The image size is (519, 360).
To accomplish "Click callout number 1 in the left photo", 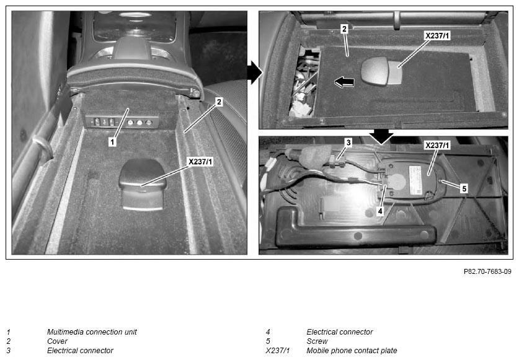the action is [x=112, y=142].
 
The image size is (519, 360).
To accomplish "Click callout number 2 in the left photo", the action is [x=218, y=102].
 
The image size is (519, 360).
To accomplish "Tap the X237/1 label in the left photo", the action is [x=200, y=162].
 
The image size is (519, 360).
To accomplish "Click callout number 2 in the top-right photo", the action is [x=344, y=29].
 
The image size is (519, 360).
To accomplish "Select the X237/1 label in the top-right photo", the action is [x=437, y=36].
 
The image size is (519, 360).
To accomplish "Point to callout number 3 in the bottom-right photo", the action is [x=348, y=143].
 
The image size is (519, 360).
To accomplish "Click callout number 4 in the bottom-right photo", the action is [x=380, y=211].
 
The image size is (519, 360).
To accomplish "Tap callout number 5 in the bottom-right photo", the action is [x=464, y=188].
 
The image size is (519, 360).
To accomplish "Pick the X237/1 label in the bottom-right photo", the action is [x=437, y=145].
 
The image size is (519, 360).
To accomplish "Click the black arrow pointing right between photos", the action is [x=254, y=72].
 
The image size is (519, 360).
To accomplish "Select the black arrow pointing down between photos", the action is [x=381, y=136].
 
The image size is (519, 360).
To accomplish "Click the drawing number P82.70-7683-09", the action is [x=487, y=271].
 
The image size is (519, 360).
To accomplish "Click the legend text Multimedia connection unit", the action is [x=92, y=332].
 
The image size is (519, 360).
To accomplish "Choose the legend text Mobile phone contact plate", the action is [x=352, y=351].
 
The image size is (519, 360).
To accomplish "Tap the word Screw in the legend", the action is [x=317, y=341].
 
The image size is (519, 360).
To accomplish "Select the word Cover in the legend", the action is [x=57, y=341].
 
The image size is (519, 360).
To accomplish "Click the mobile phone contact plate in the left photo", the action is [x=143, y=183].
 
